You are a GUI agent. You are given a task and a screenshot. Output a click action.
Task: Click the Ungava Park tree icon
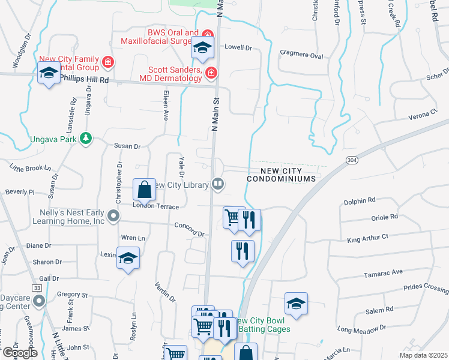pos(86,139)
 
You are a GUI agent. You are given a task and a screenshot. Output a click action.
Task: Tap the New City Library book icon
pos(218,185)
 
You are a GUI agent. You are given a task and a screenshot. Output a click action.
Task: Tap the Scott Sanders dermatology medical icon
pos(211,73)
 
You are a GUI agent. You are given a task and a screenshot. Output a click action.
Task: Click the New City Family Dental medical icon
pos(108,62)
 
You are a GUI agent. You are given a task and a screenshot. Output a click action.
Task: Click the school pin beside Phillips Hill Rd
pos(49,74)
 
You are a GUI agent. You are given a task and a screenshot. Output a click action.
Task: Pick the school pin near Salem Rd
pos(296,304)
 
